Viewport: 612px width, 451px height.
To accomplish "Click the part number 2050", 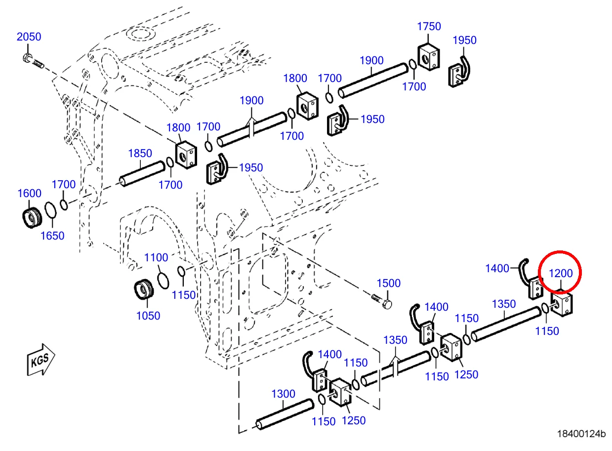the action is [x=29, y=37].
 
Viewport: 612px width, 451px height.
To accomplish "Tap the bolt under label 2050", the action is [x=33, y=61].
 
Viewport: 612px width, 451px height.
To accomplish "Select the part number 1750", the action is [x=429, y=27].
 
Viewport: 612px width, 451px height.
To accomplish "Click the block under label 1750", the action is [x=428, y=57].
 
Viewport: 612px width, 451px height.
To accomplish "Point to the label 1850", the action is [x=140, y=153].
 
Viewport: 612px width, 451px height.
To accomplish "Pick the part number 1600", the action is [x=30, y=194].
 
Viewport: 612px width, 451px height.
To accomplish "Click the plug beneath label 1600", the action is [x=32, y=218].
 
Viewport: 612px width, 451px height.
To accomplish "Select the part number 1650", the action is [x=52, y=236].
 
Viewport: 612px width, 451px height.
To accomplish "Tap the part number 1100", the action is [x=156, y=257].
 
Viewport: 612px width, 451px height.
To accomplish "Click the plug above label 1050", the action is [x=144, y=289].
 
